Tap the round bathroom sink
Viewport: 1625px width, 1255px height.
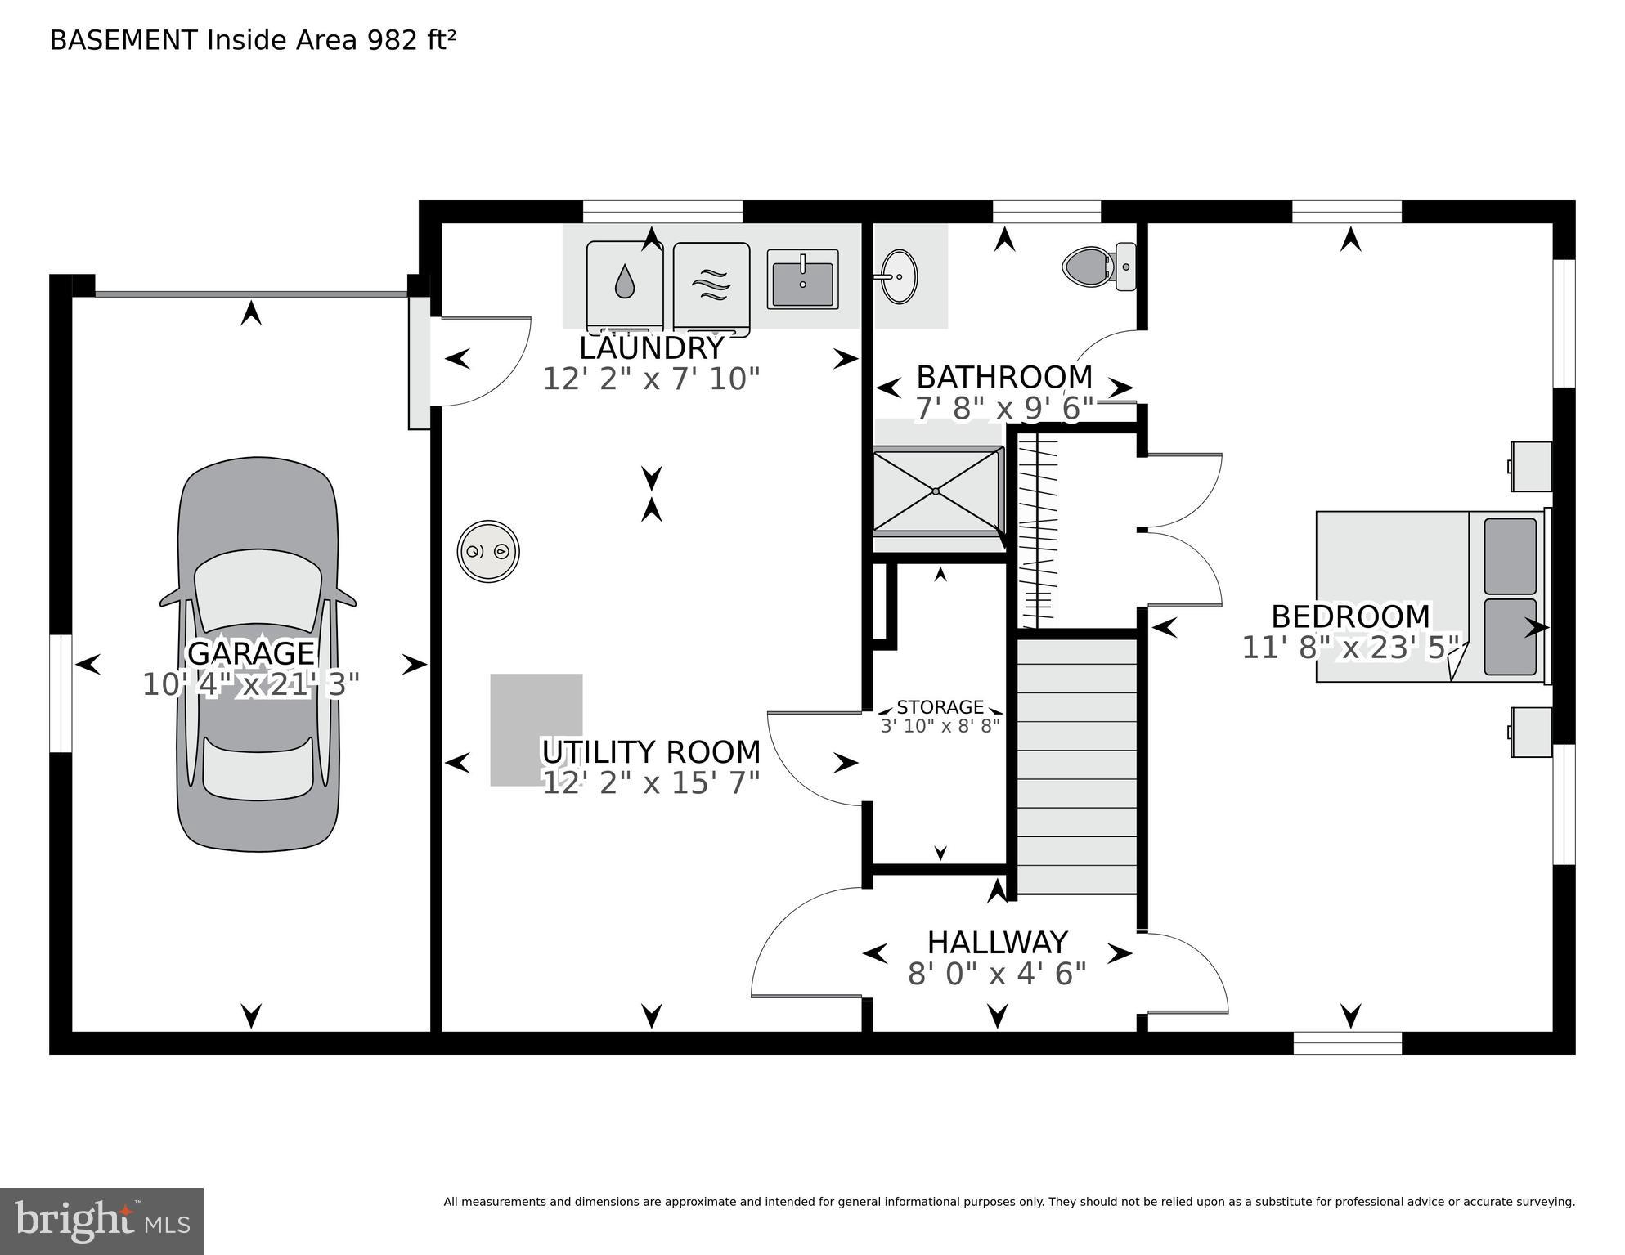coord(899,276)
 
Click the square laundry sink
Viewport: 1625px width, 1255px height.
coord(802,279)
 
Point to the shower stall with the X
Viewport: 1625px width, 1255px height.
coord(937,491)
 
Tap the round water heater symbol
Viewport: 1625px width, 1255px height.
coord(488,551)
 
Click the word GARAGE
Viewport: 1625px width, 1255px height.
coord(251,653)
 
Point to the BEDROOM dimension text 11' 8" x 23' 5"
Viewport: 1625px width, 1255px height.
coord(1350,648)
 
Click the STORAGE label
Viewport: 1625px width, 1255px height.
coord(940,706)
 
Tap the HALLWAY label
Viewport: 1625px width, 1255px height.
coord(997,943)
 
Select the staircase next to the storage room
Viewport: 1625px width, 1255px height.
coord(1076,764)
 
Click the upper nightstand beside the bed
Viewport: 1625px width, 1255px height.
coord(1531,466)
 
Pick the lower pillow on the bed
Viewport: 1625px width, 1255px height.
coord(1510,637)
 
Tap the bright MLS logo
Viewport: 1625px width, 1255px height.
coord(101,1221)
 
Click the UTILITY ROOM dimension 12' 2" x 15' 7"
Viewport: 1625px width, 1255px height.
coord(651,783)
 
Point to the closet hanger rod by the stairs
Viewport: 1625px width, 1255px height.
coord(1037,531)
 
